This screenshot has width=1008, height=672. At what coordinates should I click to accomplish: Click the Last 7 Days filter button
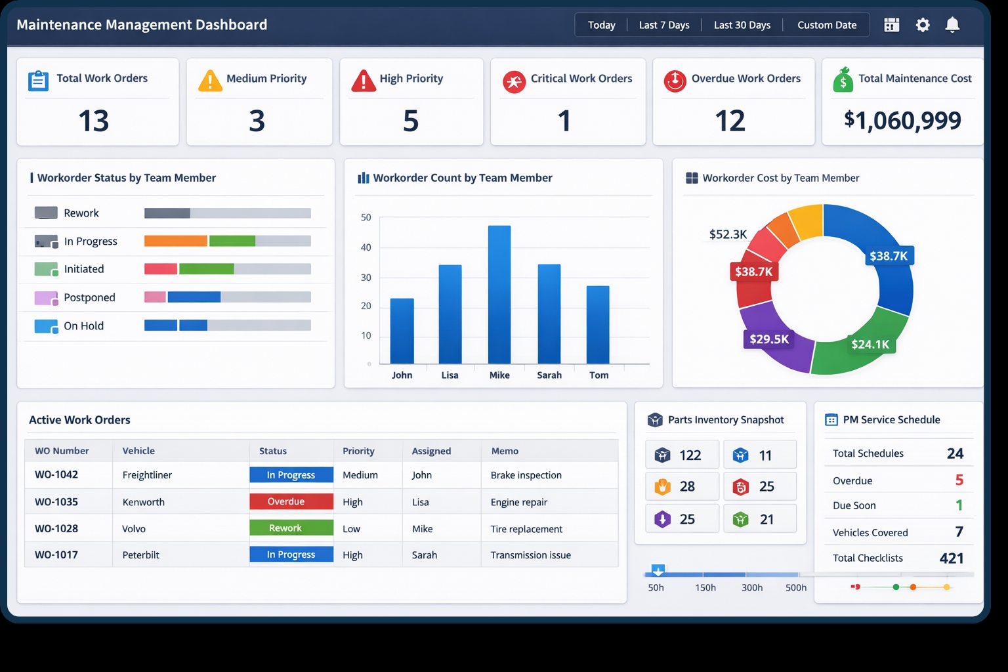[664, 25]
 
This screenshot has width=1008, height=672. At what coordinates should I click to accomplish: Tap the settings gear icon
[923, 25]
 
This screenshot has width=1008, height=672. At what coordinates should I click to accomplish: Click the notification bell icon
[952, 25]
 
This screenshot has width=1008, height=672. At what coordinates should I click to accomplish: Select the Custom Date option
[827, 25]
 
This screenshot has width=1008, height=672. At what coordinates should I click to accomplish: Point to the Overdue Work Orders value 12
[730, 121]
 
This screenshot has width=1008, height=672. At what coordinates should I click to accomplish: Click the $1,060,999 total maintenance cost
[902, 120]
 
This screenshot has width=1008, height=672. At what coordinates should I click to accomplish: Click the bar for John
[402, 331]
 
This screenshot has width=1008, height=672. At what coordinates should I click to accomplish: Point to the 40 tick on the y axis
[366, 247]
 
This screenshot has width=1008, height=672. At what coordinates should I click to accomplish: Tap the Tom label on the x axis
[598, 375]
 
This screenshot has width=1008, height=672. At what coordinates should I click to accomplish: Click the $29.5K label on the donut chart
[769, 339]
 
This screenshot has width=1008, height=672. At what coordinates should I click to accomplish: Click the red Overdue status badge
[291, 501]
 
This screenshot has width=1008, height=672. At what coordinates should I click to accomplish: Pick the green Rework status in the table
[291, 528]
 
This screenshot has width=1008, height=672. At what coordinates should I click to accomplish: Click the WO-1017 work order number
[56, 555]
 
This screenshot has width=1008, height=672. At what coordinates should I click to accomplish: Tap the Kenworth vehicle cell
[144, 502]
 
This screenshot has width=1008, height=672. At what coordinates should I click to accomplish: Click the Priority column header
[358, 451]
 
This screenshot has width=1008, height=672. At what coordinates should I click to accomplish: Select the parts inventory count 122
[690, 455]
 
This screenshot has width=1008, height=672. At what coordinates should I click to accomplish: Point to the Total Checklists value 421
[951, 558]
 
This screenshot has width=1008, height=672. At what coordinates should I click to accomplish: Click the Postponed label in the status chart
[89, 297]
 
